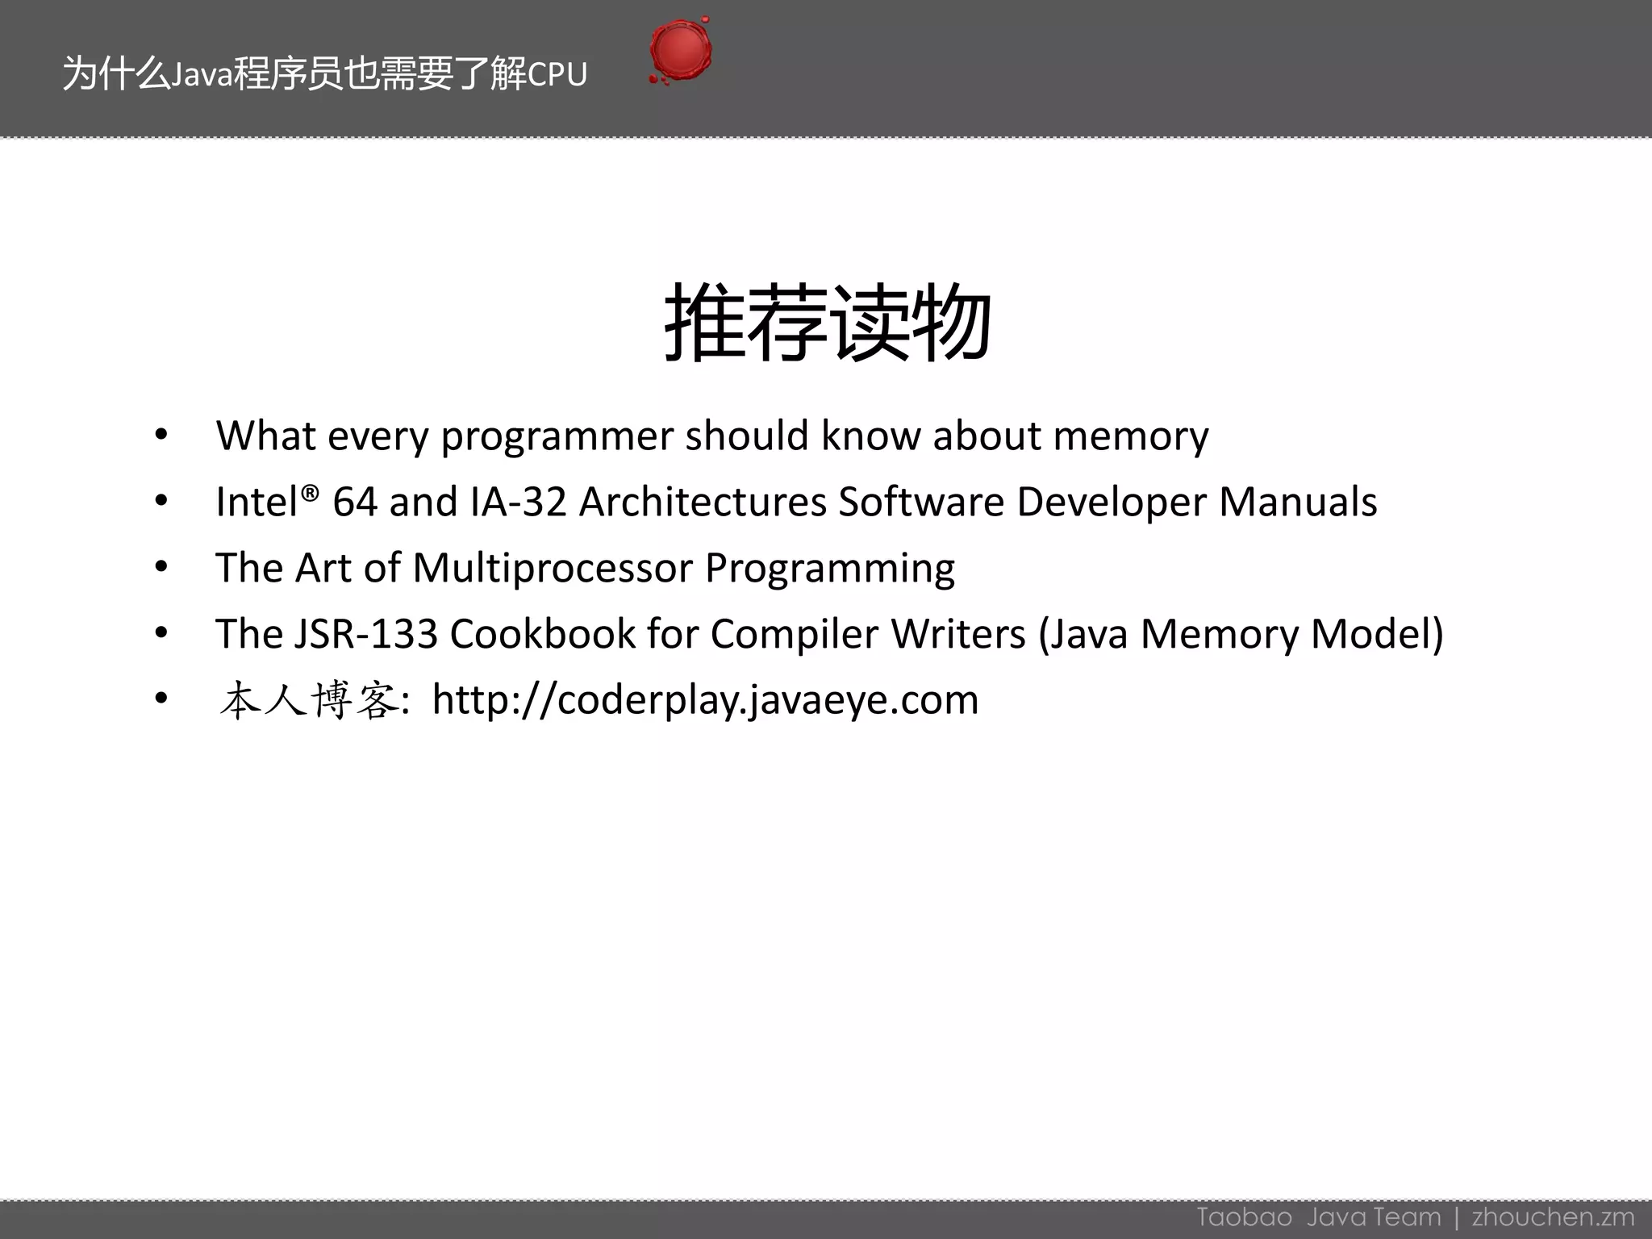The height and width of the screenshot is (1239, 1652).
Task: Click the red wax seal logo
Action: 680,51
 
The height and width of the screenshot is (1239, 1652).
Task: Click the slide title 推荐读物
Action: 827,323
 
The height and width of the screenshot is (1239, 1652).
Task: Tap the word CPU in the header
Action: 557,75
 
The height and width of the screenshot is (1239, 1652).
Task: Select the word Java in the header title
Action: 202,75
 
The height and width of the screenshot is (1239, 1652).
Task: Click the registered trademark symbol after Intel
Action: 311,491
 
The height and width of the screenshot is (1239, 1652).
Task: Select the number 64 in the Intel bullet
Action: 355,502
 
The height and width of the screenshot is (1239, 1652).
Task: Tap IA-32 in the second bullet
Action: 519,502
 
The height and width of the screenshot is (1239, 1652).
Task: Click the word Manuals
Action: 1297,502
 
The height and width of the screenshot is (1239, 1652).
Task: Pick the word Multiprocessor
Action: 553,568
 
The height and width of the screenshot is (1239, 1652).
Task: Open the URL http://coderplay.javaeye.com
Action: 705,700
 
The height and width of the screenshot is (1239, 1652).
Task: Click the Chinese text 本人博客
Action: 309,700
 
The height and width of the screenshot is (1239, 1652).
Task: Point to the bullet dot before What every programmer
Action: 161,436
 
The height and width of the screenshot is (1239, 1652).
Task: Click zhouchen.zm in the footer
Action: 1553,1216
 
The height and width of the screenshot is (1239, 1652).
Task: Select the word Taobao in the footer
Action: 1244,1216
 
